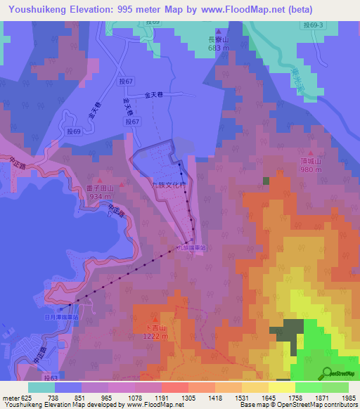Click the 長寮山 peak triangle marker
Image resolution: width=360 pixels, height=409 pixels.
[x=219, y=32]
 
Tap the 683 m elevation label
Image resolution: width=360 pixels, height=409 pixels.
[x=218, y=48]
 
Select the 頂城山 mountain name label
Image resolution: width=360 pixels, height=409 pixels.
[x=310, y=161]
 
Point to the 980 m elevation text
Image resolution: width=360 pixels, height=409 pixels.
[x=310, y=169]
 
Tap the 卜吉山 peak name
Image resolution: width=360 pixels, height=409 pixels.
[x=154, y=328]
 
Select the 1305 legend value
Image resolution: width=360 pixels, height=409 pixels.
[x=189, y=397]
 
